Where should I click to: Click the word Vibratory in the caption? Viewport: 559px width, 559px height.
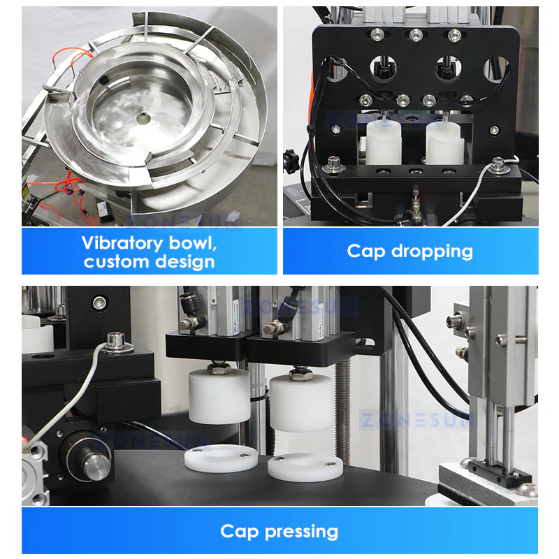[x=122, y=243]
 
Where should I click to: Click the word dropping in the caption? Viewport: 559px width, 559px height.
[x=432, y=252]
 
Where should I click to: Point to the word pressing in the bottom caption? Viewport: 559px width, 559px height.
[x=301, y=532]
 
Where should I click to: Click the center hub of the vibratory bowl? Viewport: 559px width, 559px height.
[x=143, y=116]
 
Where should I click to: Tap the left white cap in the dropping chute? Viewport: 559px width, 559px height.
[x=384, y=143]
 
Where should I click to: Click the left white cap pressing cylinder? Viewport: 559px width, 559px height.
[x=219, y=396]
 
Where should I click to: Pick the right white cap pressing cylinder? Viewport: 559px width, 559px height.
[x=301, y=402]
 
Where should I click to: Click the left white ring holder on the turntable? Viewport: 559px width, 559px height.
[x=221, y=458]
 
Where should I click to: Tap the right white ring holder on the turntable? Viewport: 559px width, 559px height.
[x=305, y=467]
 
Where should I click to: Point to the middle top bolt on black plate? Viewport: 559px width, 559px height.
[x=416, y=35]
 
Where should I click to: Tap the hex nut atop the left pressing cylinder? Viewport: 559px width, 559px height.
[x=218, y=367]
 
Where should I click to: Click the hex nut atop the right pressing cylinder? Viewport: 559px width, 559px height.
[x=300, y=373]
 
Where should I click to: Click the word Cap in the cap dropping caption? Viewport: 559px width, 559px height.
[x=366, y=252]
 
